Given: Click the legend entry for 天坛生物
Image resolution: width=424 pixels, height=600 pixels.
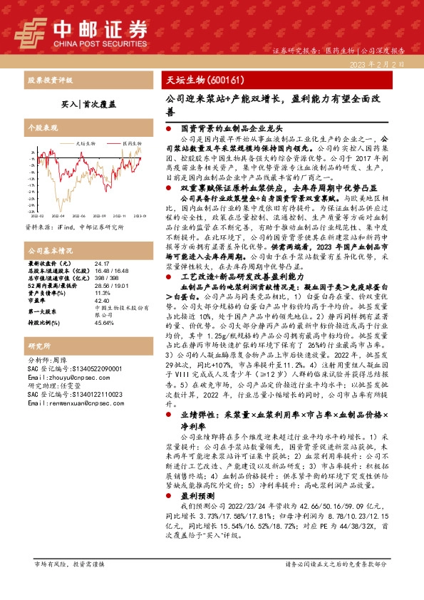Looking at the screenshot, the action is (84, 143).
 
